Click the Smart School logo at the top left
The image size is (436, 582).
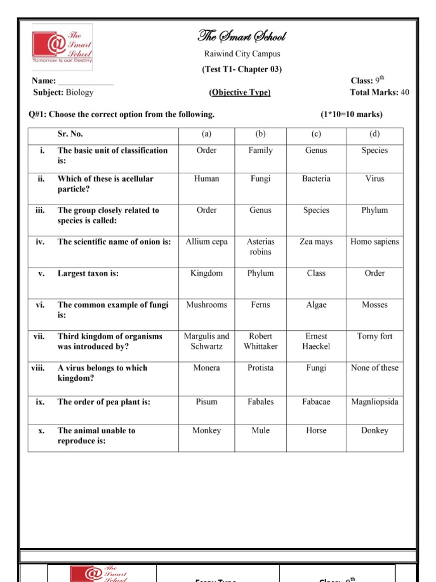point(62,44)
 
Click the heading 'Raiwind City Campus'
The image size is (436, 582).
point(242,54)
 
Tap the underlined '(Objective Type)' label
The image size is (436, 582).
point(240,93)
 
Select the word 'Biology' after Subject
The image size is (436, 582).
point(79,92)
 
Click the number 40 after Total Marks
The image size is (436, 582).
point(405,92)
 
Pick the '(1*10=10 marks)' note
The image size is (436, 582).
point(351,114)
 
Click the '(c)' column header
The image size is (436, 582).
point(316,134)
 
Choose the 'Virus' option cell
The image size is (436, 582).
point(375,178)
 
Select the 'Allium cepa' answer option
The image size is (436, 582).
point(207,242)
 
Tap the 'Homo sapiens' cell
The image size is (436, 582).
point(375,242)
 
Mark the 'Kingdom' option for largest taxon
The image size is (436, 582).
point(207,273)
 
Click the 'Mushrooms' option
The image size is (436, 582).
point(207,305)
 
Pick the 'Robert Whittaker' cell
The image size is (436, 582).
point(261,341)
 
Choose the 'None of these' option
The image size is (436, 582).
point(375,368)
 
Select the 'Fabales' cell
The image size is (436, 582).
point(261,401)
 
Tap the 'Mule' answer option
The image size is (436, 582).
point(261,430)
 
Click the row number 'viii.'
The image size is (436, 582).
point(38,368)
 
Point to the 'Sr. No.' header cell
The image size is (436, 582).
point(70,134)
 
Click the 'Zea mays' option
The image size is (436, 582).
point(316,242)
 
